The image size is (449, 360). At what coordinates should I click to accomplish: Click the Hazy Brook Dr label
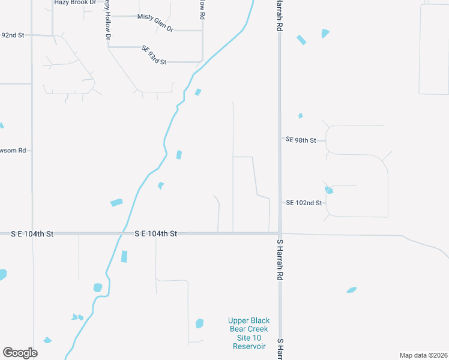pyautogui.click(x=75, y=2)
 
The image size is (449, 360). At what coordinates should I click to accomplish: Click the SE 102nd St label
pyautogui.click(x=304, y=203)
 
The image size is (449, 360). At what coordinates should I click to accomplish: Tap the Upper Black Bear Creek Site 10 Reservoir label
pyautogui.click(x=248, y=334)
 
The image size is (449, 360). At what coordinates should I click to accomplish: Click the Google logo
pyautogui.click(x=20, y=353)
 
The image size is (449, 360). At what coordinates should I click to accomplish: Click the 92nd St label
pyautogui.click(x=12, y=35)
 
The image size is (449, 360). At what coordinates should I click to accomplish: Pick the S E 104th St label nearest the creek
pyautogui.click(x=155, y=233)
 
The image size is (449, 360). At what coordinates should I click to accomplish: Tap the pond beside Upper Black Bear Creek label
pyautogui.click(x=200, y=323)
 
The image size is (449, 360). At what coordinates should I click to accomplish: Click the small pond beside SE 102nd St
pyautogui.click(x=329, y=190)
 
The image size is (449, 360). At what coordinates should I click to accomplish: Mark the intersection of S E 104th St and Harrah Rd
pyautogui.click(x=280, y=233)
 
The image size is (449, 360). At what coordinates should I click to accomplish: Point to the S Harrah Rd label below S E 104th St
pyautogui.click(x=280, y=261)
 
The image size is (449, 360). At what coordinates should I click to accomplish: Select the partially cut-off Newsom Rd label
pyautogui.click(x=13, y=151)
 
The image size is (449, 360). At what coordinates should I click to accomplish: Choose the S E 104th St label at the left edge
pyautogui.click(x=33, y=233)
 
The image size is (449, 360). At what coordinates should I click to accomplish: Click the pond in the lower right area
pyautogui.click(x=352, y=290)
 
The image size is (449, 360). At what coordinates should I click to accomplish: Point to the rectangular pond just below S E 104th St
pyautogui.click(x=124, y=257)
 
